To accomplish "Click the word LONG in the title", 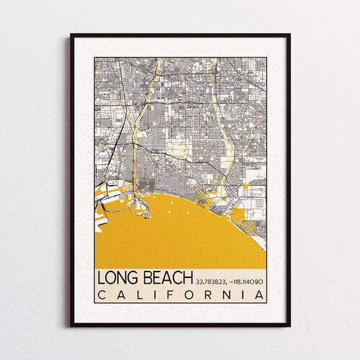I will pyautogui.click(x=119, y=278).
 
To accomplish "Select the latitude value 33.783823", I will pyautogui.click(x=213, y=280).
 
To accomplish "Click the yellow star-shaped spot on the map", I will pyautogui.click(x=246, y=187).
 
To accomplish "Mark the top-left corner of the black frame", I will pyautogui.click(x=71, y=35).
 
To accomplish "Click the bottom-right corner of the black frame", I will pyautogui.click(x=289, y=326).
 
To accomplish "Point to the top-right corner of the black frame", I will pyautogui.click(x=289, y=35).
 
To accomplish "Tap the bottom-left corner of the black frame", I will pyautogui.click(x=71, y=326).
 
